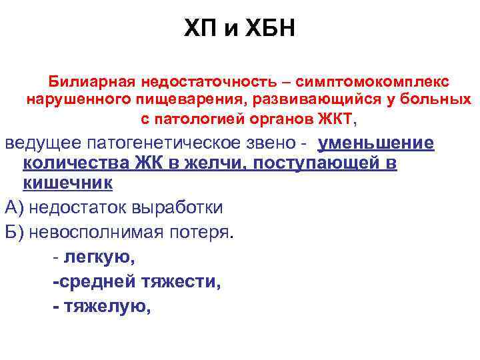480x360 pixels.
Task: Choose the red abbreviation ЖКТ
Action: click(x=337, y=120)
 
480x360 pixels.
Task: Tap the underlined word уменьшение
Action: click(x=377, y=145)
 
